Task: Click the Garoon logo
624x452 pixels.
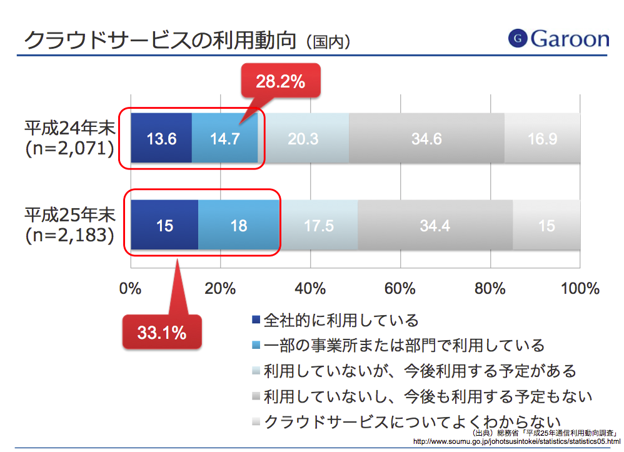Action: (558, 39)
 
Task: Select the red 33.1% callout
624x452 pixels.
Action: (162, 333)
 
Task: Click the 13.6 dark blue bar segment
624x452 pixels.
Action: (161, 139)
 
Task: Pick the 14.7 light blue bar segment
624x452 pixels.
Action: (224, 139)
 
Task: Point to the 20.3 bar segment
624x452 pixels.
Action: (303, 139)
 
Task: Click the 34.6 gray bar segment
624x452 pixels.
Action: (426, 139)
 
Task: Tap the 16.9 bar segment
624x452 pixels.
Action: (542, 139)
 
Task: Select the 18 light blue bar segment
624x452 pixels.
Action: (238, 225)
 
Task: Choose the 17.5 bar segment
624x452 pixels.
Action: (318, 225)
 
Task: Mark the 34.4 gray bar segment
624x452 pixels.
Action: (435, 225)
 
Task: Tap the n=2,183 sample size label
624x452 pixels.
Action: (70, 235)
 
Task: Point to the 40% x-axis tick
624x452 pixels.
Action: (310, 288)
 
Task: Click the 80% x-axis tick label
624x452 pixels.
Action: (490, 288)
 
